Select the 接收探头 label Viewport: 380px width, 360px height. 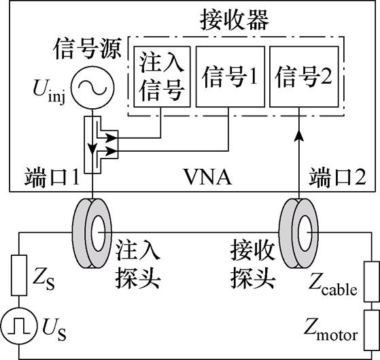[x=252, y=263]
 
